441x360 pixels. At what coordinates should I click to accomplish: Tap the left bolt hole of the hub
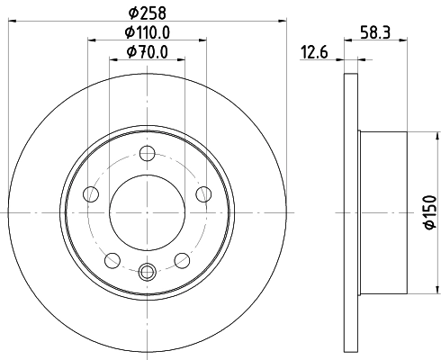tap(90, 193)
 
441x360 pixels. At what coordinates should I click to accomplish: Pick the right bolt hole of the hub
tap(203, 193)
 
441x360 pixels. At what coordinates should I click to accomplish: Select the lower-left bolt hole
tap(112, 260)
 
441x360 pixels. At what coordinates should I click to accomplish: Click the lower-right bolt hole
tap(183, 260)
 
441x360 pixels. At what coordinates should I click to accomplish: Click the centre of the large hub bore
tap(148, 212)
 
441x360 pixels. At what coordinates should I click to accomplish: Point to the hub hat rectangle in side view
tap(383, 212)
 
